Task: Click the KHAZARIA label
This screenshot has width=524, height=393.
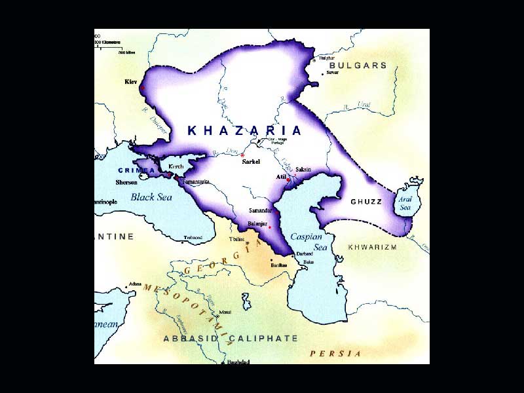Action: [x=245, y=130]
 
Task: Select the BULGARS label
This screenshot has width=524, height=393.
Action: [x=358, y=65]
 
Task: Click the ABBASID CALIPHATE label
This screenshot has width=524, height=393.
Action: [x=230, y=339]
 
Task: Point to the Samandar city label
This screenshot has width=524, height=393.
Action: [x=260, y=210]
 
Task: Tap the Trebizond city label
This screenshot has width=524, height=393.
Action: [x=193, y=237]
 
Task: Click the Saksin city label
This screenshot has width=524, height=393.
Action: [x=303, y=170]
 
